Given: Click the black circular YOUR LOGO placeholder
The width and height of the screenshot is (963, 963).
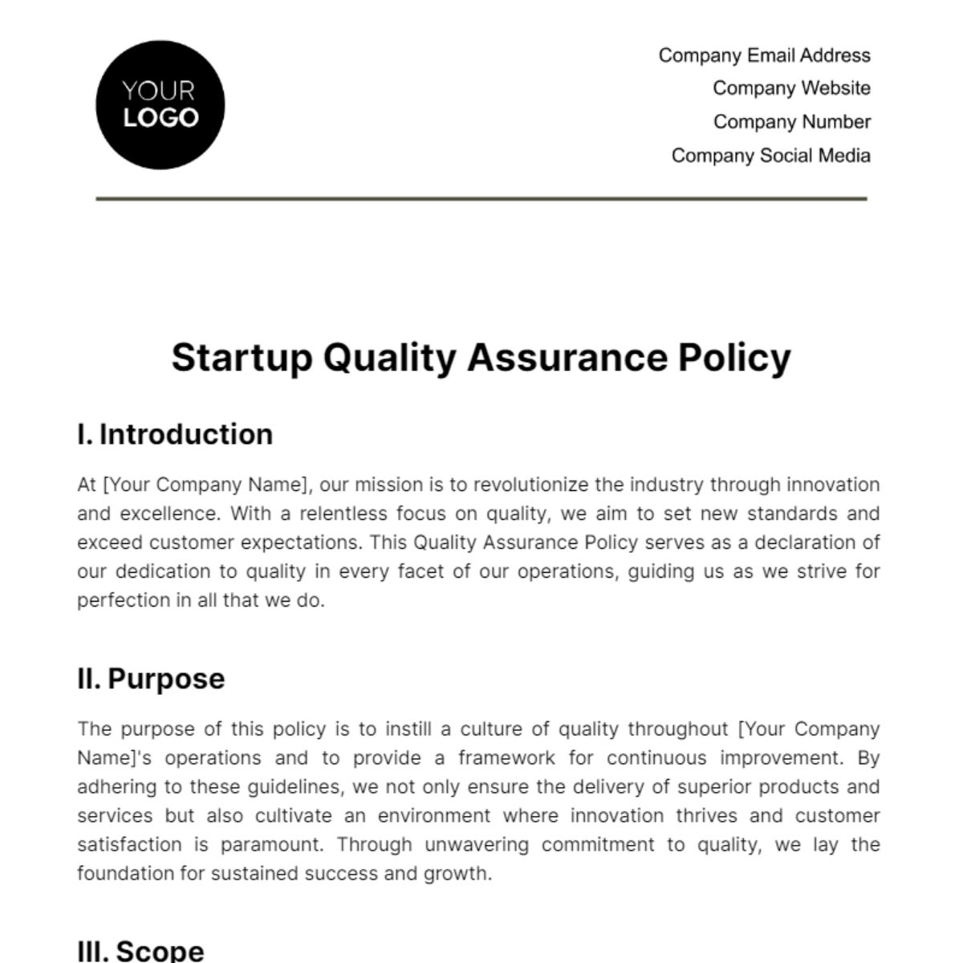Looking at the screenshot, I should [x=160, y=105].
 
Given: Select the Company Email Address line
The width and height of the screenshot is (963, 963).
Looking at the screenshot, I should [x=764, y=55].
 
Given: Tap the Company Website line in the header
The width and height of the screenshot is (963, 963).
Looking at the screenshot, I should [x=791, y=88].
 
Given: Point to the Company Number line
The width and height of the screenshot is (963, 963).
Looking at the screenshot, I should [x=791, y=122].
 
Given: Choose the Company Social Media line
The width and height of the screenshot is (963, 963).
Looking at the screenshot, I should [x=770, y=156].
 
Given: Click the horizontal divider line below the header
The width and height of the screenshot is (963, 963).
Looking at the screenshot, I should [x=481, y=198].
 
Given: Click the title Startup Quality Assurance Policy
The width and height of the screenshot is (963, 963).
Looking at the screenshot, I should [x=481, y=358].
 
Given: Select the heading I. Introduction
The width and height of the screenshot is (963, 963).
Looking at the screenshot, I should [x=175, y=434].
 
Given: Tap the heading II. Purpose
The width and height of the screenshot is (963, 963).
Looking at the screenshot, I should [x=151, y=679].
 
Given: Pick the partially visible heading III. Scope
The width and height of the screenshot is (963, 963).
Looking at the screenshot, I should [x=141, y=950].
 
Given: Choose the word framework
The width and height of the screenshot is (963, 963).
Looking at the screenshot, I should [x=506, y=758].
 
